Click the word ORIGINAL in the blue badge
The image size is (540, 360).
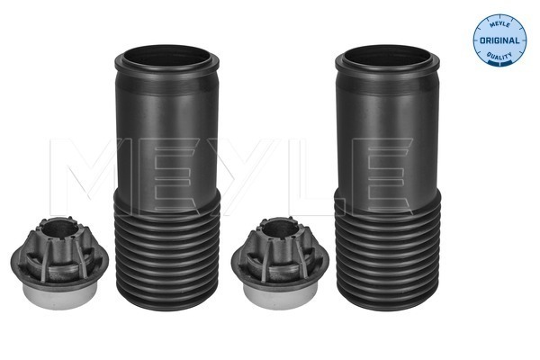click(499, 40)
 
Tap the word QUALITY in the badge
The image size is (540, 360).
click(499, 56)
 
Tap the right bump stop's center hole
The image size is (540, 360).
click(280, 229)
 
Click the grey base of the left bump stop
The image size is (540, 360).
click(59, 295)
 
